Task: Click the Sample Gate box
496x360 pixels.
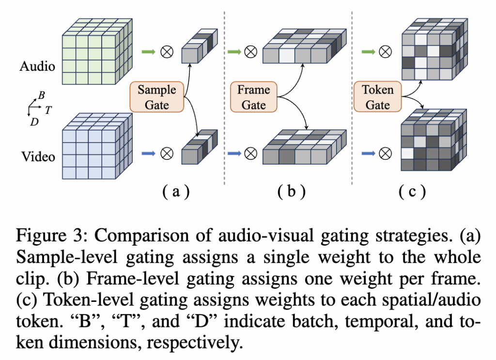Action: coord(157,97)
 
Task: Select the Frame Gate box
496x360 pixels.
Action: coord(253,97)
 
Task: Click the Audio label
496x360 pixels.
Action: coord(38,66)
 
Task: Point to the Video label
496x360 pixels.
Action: coord(38,157)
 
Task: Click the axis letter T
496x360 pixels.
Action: coord(48,110)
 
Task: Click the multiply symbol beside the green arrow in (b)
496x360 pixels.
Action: coord(250,50)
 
